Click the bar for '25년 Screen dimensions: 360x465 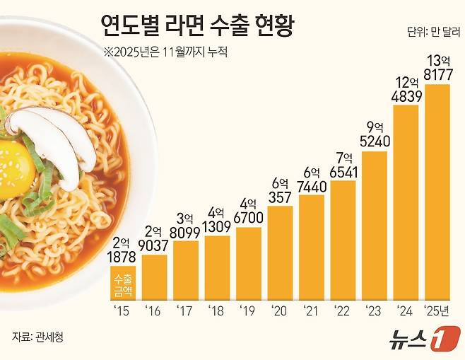coord(437,191)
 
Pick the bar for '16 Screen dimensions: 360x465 coord(155,276)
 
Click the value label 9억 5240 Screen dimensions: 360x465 coord(375,134)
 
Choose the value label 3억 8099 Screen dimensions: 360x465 coord(186,224)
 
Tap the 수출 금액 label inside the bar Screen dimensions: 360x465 coord(123,284)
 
